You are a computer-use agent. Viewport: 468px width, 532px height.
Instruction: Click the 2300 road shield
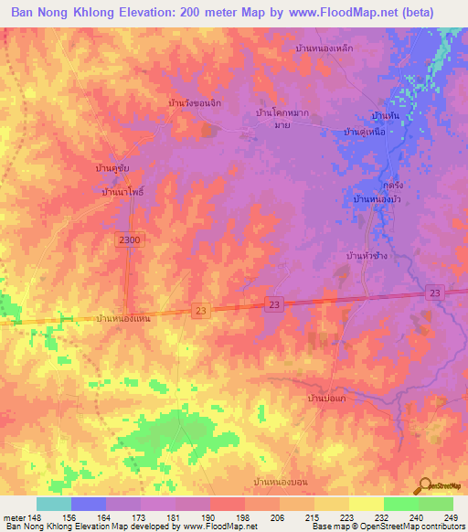pyautogui.click(x=130, y=238)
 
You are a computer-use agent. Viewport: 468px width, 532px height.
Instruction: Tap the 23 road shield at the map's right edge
pyautogui.click(x=433, y=292)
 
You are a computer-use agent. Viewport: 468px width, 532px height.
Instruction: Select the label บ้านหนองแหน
pyautogui.click(x=122, y=318)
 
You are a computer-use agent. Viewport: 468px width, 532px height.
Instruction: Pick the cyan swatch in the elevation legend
pyautogui.click(x=54, y=504)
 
